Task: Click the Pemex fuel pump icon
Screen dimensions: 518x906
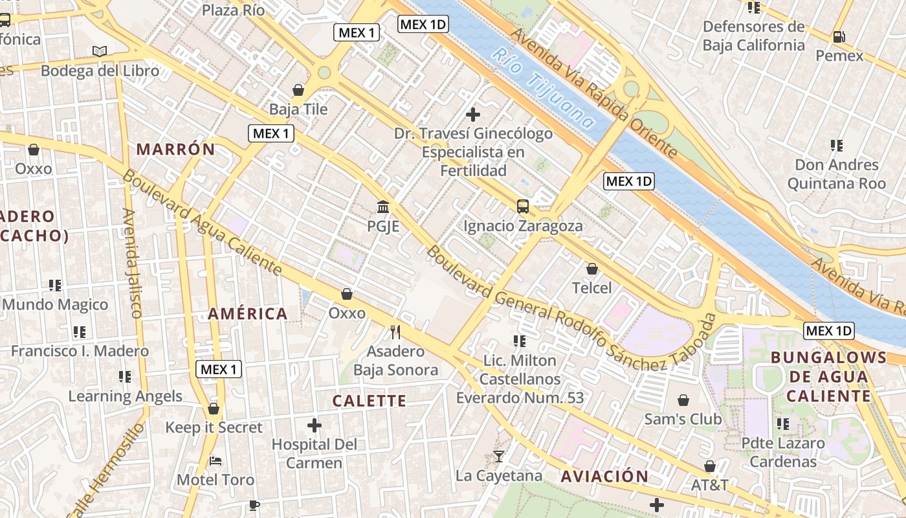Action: (839, 37)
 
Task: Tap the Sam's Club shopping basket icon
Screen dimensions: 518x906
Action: (683, 401)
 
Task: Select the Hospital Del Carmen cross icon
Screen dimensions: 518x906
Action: (315, 425)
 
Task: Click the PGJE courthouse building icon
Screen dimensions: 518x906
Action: (383, 208)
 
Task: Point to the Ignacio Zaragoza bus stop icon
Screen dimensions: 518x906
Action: (523, 207)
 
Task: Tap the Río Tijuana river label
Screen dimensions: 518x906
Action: (543, 88)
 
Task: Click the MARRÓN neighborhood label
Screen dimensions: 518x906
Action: (175, 150)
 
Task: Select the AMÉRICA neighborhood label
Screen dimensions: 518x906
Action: (248, 314)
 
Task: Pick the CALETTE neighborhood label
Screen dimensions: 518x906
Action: (370, 401)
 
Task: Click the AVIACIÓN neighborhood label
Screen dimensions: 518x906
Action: (604, 477)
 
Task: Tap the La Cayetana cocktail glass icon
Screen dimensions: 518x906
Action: (498, 456)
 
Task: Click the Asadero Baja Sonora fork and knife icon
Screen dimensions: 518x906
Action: (395, 332)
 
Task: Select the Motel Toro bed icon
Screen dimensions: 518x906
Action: (216, 461)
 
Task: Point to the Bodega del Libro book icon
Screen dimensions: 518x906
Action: (100, 51)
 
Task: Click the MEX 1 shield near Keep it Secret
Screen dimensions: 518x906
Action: (219, 370)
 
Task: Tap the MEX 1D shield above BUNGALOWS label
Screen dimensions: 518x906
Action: (829, 331)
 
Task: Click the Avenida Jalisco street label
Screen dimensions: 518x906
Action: (131, 262)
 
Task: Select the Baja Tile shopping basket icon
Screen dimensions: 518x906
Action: (298, 89)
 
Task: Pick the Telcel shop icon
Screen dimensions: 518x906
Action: (591, 268)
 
